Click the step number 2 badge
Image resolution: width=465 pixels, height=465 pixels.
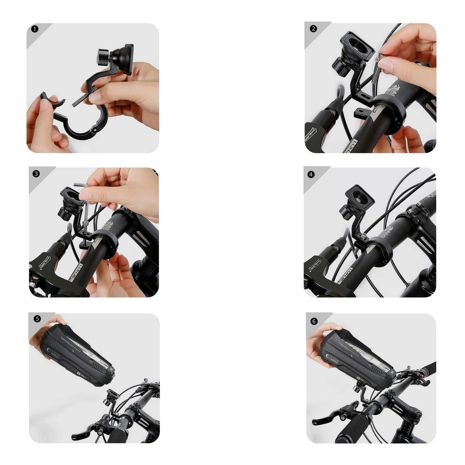pos(313,28)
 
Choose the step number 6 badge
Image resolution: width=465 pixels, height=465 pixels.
pos(314,320)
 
